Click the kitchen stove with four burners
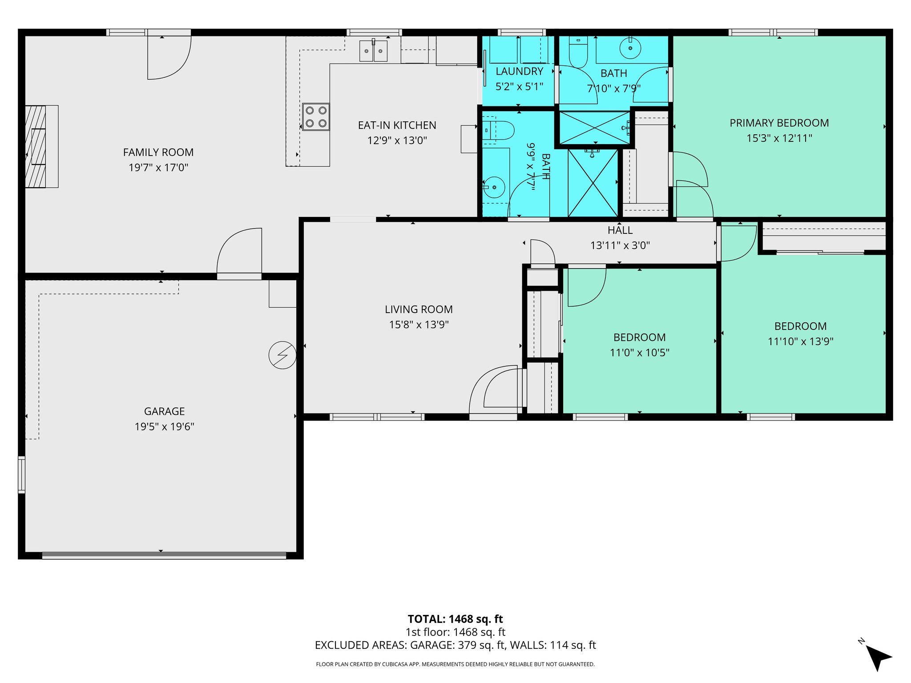click(x=316, y=117)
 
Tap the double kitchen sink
click(x=373, y=51)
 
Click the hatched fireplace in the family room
click(x=36, y=146)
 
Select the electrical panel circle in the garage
click(x=282, y=355)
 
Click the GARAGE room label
click(x=164, y=411)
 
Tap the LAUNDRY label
click(x=519, y=71)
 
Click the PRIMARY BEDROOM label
click(x=779, y=123)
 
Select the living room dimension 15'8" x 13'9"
click(x=419, y=325)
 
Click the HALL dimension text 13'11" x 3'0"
click(x=620, y=245)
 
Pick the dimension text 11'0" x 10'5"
click(x=639, y=353)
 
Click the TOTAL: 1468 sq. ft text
click(x=455, y=619)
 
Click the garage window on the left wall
click(x=21, y=474)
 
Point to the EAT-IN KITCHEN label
click(x=397, y=125)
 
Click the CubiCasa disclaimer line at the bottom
click(x=455, y=664)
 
